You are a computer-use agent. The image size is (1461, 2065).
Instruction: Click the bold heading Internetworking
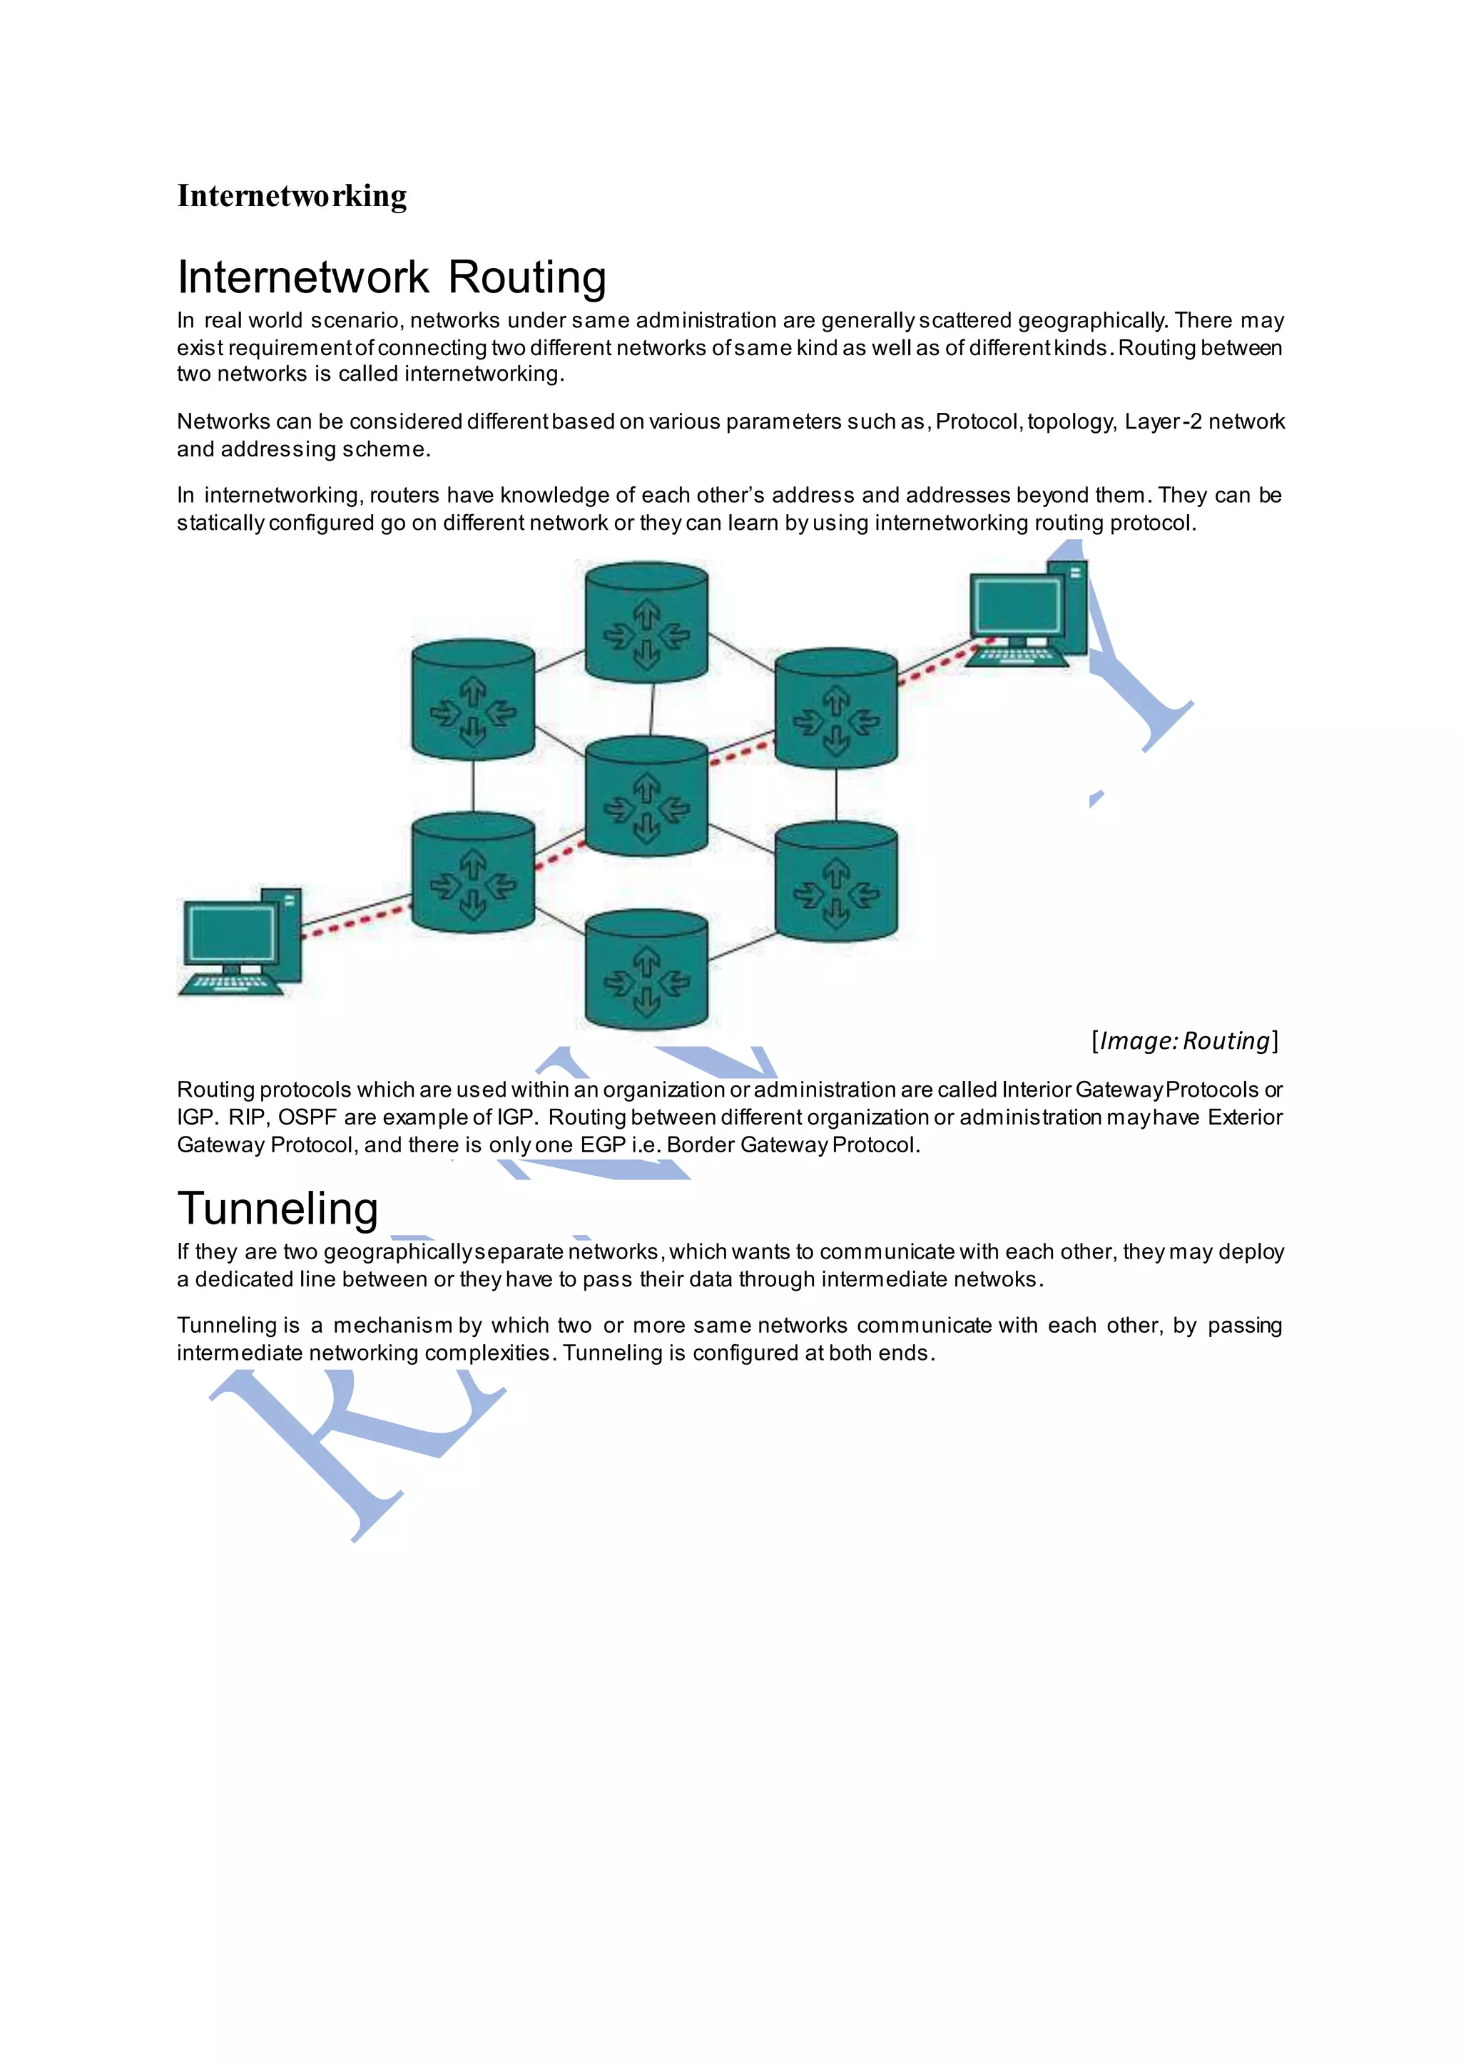tap(292, 195)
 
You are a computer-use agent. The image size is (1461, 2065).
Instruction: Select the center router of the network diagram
tap(646, 796)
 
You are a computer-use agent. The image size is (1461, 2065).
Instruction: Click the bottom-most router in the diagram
tap(646, 970)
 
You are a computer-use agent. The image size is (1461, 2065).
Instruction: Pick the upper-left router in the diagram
tap(472, 700)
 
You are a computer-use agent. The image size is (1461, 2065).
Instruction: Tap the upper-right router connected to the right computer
tap(836, 709)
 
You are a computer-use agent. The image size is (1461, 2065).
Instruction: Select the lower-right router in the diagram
tap(836, 881)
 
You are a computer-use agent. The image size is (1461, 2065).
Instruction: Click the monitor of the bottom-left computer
tap(230, 933)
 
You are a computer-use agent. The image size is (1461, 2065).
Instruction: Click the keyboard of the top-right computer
tap(1017, 657)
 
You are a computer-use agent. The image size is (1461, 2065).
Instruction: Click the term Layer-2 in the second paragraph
tap(1162, 422)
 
